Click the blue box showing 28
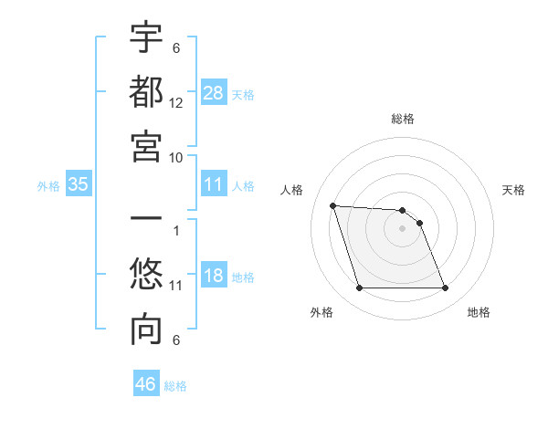click(214, 92)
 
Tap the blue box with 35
click(79, 184)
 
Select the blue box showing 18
click(214, 276)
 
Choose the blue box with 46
click(146, 384)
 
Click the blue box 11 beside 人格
click(214, 184)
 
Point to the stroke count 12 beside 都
click(176, 103)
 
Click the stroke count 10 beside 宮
click(176, 157)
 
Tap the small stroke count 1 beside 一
click(175, 230)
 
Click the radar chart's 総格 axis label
click(403, 119)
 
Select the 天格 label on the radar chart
click(514, 190)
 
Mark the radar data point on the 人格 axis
click(332, 205)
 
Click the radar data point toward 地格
click(445, 288)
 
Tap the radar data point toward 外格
click(359, 288)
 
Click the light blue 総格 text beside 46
click(175, 386)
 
